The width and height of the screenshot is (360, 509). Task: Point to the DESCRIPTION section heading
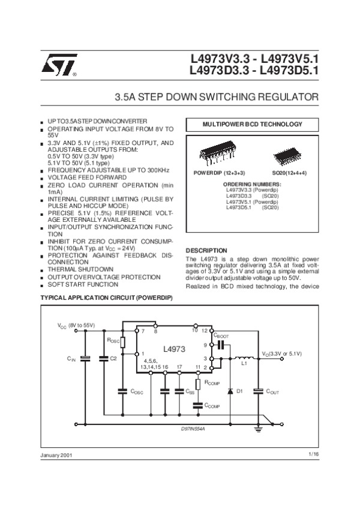pyautogui.click(x=206, y=250)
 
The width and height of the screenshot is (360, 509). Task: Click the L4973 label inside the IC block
pyautogui.click(x=173, y=348)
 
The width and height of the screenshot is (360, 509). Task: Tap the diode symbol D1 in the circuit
pyautogui.click(x=229, y=391)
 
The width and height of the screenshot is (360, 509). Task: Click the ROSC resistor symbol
pyautogui.click(x=122, y=342)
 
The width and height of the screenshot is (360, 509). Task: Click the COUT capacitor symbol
pyautogui.click(x=258, y=391)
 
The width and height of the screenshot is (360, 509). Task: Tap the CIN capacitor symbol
pyautogui.click(x=85, y=359)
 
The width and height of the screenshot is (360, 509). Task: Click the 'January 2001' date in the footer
pyautogui.click(x=56, y=456)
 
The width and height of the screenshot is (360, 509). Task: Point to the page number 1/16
pyautogui.click(x=313, y=455)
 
